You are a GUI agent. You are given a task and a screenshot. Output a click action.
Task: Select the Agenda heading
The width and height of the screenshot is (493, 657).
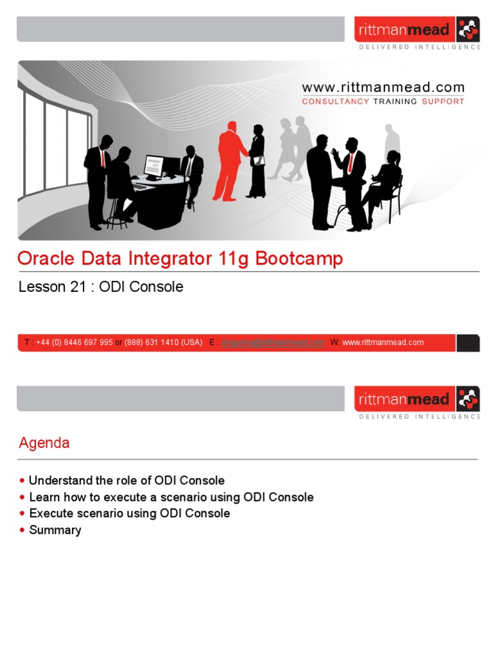tap(44, 443)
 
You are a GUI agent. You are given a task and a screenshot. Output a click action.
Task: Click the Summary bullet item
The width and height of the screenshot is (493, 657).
tap(55, 530)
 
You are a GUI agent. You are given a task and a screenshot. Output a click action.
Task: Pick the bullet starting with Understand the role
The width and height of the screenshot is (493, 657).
tap(127, 481)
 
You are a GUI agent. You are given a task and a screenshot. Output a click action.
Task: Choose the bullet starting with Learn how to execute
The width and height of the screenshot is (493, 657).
tap(171, 497)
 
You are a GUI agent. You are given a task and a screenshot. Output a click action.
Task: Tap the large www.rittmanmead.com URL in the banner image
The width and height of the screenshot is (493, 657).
tap(383, 88)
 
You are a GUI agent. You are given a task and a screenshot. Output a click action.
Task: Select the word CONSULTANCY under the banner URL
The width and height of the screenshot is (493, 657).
tap(336, 101)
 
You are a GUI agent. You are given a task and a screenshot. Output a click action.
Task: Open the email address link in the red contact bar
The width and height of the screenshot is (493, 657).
tap(273, 343)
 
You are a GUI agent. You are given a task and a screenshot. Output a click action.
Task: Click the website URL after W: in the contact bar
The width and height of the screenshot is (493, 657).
tap(383, 343)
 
